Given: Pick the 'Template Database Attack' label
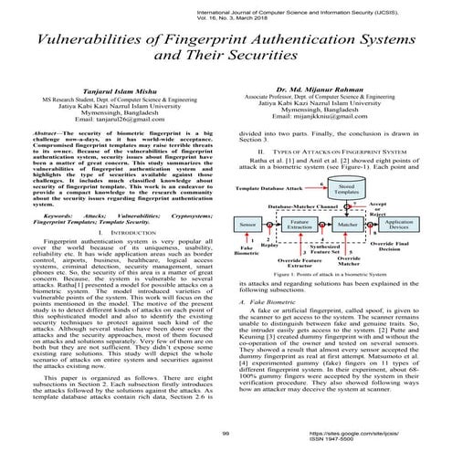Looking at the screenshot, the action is pos(268,187).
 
